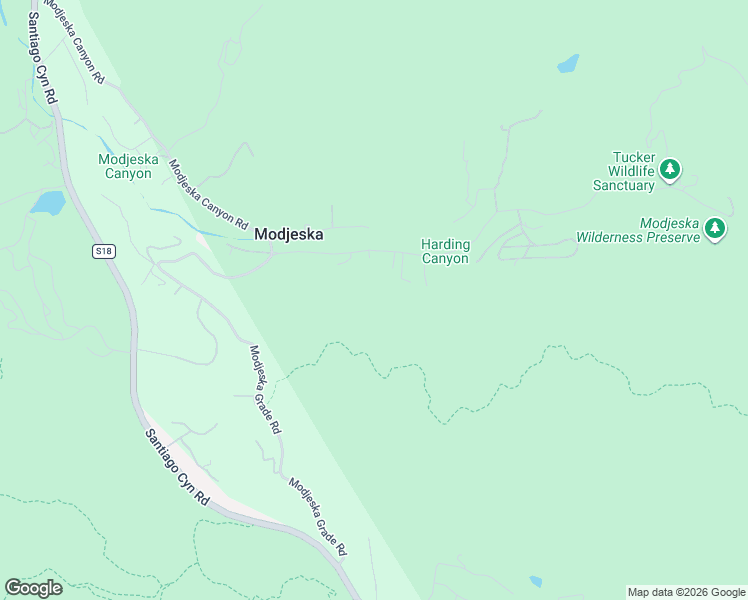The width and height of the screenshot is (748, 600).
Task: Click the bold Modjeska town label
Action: click(289, 235)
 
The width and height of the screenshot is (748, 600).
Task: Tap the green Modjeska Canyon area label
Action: click(125, 166)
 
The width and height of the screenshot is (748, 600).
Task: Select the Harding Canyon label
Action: click(445, 251)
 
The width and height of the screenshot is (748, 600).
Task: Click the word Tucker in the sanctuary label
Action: click(632, 157)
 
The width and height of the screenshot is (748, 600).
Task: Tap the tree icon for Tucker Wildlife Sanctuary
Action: click(671, 169)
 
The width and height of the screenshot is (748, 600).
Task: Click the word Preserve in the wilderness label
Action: click(671, 238)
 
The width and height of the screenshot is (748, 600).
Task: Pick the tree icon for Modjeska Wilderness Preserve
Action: click(714, 229)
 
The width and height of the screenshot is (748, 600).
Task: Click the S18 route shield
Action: click(104, 251)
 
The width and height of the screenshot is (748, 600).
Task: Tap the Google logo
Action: click(33, 588)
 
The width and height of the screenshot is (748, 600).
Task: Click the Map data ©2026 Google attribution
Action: click(686, 592)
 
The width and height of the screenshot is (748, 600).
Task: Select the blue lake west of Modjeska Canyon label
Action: click(47, 204)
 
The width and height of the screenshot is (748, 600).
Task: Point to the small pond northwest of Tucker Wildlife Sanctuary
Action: click(568, 64)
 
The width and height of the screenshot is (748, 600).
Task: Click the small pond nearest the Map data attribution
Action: click(536, 582)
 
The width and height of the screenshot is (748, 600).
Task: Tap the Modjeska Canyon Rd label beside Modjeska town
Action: click(208, 195)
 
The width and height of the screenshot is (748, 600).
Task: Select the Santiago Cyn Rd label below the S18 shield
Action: click(176, 467)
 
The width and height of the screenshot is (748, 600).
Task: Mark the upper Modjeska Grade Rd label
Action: click(265, 389)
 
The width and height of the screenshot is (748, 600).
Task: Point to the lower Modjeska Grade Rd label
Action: click(318, 517)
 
